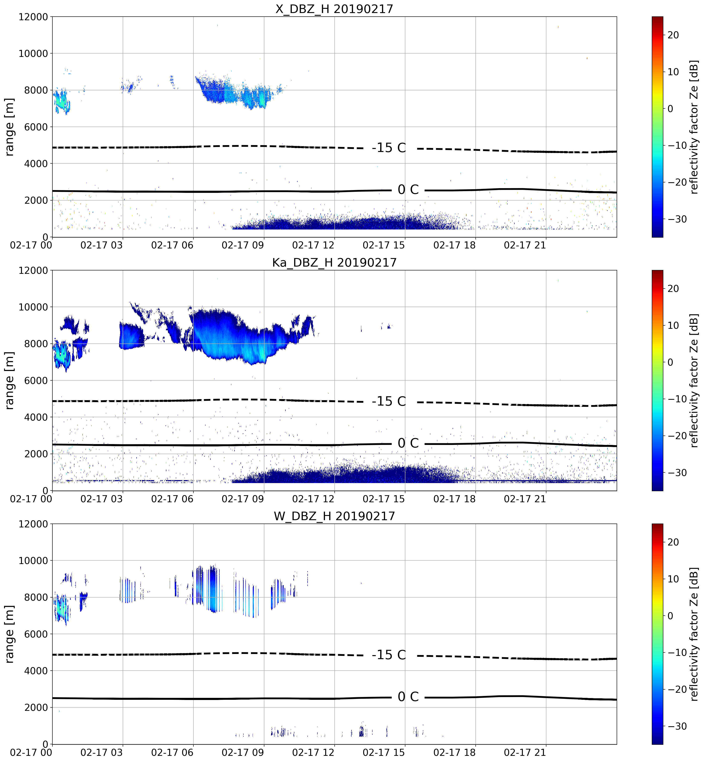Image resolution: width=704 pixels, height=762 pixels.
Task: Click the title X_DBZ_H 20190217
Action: pyautogui.click(x=334, y=9)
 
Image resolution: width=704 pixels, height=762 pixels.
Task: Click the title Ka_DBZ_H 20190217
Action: pyautogui.click(x=334, y=263)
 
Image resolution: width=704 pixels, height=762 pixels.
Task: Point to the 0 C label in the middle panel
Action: pyautogui.click(x=408, y=443)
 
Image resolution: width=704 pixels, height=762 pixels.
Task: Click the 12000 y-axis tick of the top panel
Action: pyautogui.click(x=33, y=17)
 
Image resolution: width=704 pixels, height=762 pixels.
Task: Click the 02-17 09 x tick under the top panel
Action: pyautogui.click(x=243, y=245)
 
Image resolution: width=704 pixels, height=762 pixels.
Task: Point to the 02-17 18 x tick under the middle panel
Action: pyautogui.click(x=455, y=499)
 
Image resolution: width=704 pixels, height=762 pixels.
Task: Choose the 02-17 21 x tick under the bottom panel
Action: pyautogui.click(x=525, y=752)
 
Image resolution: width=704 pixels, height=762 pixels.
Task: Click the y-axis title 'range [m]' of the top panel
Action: pyautogui.click(x=10, y=127)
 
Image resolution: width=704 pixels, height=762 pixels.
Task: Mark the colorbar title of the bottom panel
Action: pyautogui.click(x=694, y=634)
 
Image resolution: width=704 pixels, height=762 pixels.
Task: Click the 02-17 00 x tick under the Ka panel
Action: pyautogui.click(x=31, y=499)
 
